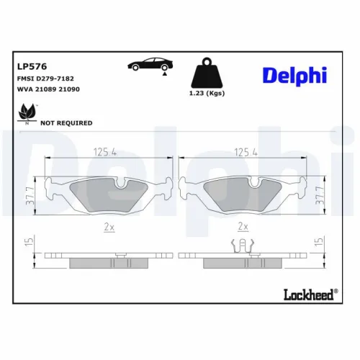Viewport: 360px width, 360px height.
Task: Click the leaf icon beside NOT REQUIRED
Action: pyautogui.click(x=28, y=112)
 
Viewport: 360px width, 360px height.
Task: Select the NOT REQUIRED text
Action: pyautogui.click(x=66, y=123)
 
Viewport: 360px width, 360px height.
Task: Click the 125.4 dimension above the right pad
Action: pyautogui.click(x=246, y=152)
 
